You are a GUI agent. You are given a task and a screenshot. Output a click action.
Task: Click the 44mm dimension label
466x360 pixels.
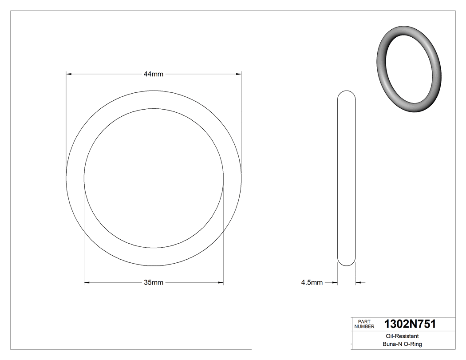point(154,74)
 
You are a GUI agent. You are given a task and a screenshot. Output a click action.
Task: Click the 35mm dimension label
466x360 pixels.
point(154,282)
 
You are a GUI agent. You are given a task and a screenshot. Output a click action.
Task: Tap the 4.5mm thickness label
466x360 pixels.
point(312,282)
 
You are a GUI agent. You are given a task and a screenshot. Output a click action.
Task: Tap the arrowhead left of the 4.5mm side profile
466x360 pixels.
point(335,282)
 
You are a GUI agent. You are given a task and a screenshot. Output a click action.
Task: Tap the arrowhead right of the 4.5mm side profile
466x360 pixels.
point(359,282)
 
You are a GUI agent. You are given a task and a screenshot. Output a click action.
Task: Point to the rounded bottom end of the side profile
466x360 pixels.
point(347,264)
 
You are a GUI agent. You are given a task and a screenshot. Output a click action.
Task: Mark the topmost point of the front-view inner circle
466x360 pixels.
point(154,108)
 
